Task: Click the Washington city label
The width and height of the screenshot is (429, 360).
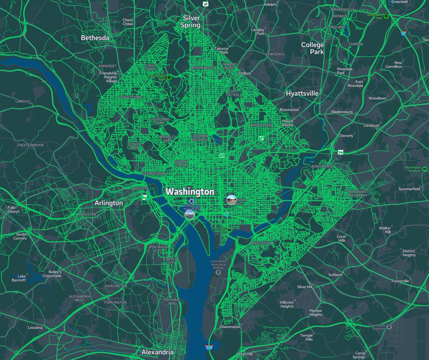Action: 190,192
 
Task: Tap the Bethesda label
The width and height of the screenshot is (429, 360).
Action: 95,38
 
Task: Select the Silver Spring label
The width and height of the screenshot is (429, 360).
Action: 191,21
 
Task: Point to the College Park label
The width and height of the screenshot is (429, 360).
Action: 312,48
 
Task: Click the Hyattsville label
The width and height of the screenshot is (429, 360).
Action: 302,94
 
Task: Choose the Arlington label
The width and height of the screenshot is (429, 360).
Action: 109,203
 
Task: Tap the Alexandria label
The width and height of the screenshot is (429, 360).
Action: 158,352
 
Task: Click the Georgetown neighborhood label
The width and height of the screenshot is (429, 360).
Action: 154,174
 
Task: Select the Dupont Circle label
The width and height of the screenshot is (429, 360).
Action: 181,164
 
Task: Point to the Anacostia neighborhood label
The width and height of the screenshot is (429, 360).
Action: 261,243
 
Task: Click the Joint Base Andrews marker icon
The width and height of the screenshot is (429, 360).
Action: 389,327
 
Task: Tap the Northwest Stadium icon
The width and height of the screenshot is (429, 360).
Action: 425,169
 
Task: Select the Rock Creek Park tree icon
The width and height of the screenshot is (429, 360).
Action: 169,77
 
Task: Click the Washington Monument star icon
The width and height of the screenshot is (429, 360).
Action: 192,201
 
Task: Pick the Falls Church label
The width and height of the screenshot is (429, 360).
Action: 14,210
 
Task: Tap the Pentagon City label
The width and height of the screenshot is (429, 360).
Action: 158,249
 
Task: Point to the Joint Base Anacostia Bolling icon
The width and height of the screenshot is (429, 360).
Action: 218,273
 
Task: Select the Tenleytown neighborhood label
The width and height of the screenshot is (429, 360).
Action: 130,97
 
